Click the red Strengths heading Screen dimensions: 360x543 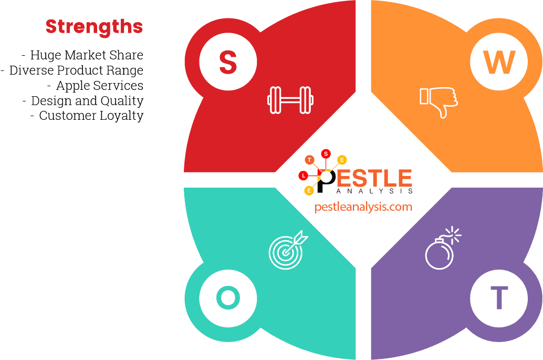[x=94, y=26]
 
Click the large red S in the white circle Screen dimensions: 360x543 [x=228, y=62]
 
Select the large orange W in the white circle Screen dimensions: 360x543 [x=499, y=62]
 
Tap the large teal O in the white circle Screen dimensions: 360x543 [x=228, y=298]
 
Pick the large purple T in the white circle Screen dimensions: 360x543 [x=499, y=298]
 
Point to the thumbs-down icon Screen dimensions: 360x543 [x=438, y=101]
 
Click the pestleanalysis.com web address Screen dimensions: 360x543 [x=363, y=207]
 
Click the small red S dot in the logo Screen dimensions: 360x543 [x=326, y=153]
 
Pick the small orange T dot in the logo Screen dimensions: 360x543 [x=309, y=160]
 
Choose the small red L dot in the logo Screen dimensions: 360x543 [x=303, y=175]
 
